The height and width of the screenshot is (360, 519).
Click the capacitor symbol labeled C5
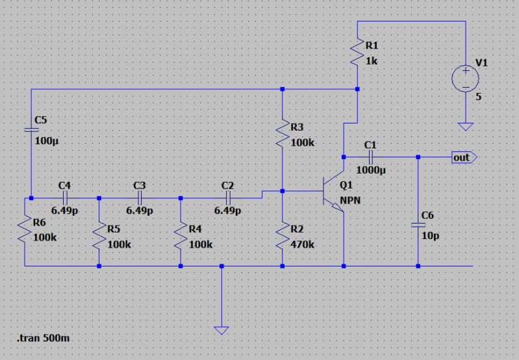[x=30, y=129]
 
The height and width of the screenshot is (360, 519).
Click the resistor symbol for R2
[x=282, y=235]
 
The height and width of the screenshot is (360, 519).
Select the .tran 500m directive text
[x=43, y=339]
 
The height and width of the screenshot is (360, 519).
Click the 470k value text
[x=302, y=245]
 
